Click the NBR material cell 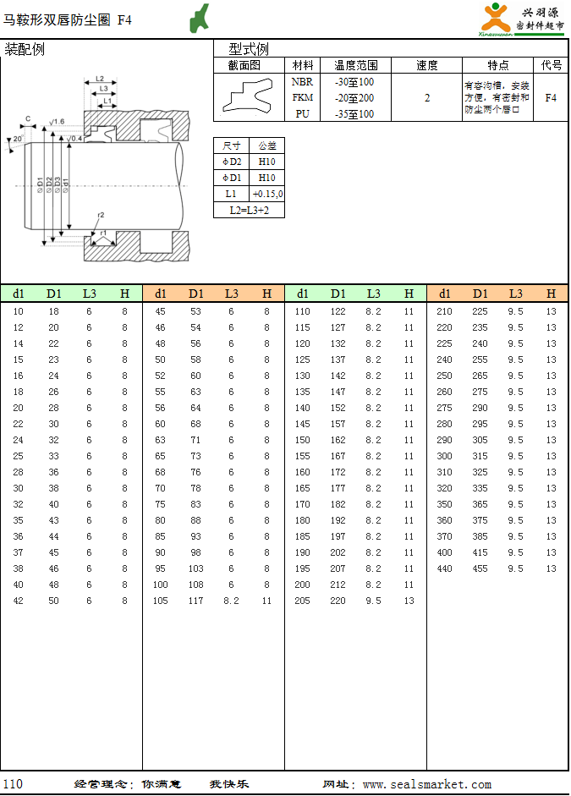tap(302, 82)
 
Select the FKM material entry tap(302, 98)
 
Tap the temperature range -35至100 tap(354, 114)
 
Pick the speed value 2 tap(427, 98)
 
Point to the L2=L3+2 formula tap(250, 210)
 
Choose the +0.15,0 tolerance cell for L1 tap(267, 194)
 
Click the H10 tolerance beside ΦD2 tap(267, 162)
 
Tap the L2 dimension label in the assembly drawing tap(100, 79)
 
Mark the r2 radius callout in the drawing tap(101, 215)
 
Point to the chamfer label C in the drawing tap(28, 118)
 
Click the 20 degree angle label tap(18, 139)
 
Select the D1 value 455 tap(480, 568)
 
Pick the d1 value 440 tap(444, 568)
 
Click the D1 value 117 tap(196, 601)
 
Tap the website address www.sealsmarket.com tap(426, 785)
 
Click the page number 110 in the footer tap(13, 784)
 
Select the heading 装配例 tap(25, 49)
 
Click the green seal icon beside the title tap(200, 18)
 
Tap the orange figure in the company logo tap(495, 18)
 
